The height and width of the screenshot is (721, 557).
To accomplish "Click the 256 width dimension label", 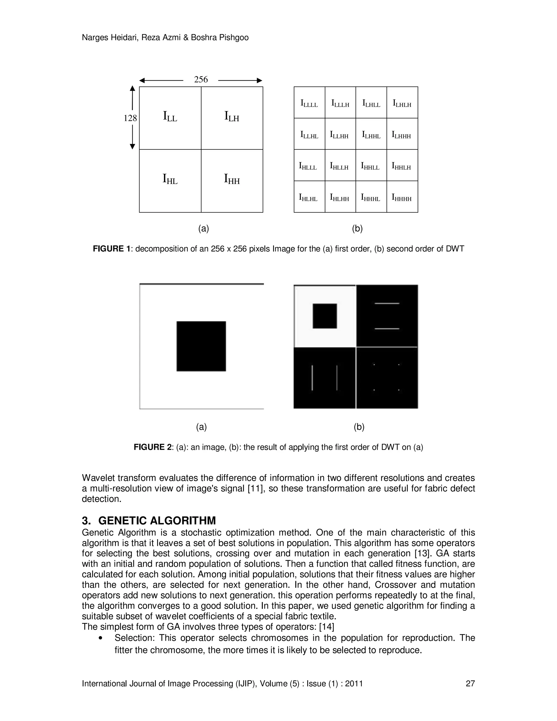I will coord(201,79).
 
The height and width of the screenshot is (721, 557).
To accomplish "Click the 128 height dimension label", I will coord(130,118).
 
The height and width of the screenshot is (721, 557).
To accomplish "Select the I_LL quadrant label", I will coord(170,116).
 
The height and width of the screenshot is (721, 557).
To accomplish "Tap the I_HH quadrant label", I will coord(232,179).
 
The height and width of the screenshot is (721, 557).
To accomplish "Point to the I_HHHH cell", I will coord(402,198).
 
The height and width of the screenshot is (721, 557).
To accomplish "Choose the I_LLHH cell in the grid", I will coord(339,135).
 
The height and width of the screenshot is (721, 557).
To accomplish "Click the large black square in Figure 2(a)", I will coord(201,346).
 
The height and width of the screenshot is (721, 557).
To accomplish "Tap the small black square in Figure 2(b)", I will coord(325,316).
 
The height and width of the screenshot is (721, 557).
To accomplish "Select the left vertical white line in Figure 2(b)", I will coord(312,377).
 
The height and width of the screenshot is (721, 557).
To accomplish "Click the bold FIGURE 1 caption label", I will coord(112,249).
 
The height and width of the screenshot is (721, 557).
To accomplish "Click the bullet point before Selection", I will coord(100,638).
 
